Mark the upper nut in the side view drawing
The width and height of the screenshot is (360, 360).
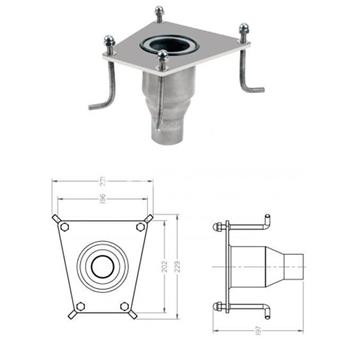(x=217, y=226)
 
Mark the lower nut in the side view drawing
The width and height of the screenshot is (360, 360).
(x=217, y=306)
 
